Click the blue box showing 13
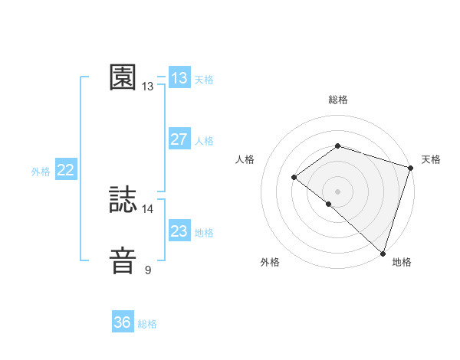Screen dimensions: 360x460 (x=179, y=78)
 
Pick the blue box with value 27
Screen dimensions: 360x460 (x=179, y=139)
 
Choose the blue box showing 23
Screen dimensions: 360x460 (x=179, y=231)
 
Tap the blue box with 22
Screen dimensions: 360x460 (x=66, y=170)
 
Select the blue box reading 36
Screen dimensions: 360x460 (x=123, y=322)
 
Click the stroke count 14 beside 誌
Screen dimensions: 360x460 (x=148, y=208)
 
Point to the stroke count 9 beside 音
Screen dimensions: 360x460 (x=148, y=270)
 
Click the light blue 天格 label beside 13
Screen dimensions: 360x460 (x=204, y=79)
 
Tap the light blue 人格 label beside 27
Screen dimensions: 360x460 (x=204, y=140)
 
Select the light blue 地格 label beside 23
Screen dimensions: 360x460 (x=204, y=232)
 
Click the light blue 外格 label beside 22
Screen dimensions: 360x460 (x=41, y=172)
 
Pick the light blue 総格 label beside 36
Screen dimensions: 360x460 (x=147, y=324)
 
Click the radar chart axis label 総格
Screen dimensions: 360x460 (x=337, y=100)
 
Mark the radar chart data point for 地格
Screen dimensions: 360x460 (x=383, y=252)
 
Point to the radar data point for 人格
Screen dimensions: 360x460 (x=294, y=177)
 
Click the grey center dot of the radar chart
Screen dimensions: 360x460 (x=337, y=191)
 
